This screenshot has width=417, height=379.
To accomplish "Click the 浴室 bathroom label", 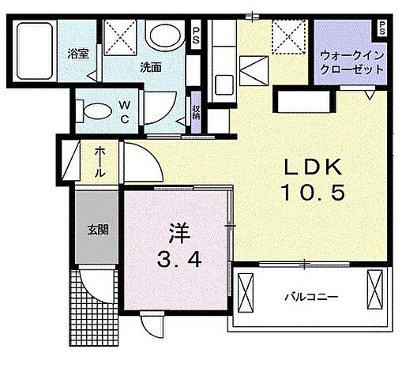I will tap(77, 54).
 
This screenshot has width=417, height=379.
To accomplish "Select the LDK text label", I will tap(314, 167).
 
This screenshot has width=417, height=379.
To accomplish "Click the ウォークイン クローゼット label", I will tap(351, 62).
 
